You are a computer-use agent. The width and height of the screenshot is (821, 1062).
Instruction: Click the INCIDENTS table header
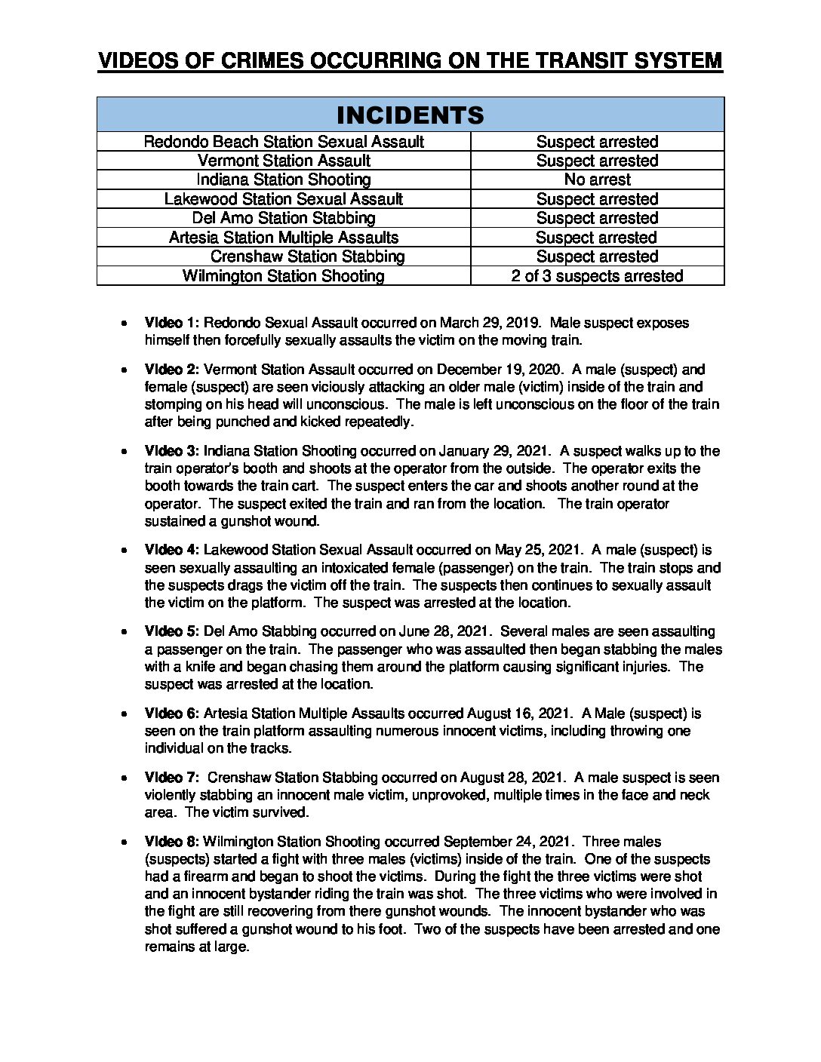(x=410, y=115)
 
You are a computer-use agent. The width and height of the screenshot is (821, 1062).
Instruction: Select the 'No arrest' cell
(x=597, y=180)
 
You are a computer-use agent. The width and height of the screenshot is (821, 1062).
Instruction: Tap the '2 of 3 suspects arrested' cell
(x=597, y=276)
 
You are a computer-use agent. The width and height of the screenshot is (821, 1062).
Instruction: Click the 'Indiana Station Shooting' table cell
(x=284, y=180)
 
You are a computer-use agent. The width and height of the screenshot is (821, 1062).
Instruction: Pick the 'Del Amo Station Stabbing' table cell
(x=284, y=218)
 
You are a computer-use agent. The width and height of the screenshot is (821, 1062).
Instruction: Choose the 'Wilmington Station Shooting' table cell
(x=284, y=276)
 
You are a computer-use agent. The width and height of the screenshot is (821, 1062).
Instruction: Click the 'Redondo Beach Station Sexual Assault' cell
(x=284, y=142)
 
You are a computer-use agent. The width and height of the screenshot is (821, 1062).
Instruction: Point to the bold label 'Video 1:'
(x=172, y=323)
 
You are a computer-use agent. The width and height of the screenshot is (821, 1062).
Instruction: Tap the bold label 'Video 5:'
(x=172, y=631)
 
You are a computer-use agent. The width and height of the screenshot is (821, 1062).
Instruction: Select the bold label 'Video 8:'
(x=172, y=842)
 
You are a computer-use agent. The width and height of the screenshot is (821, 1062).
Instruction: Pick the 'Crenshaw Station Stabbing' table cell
(x=307, y=256)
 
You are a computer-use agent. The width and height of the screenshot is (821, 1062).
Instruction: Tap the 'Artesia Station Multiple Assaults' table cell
(x=284, y=238)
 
